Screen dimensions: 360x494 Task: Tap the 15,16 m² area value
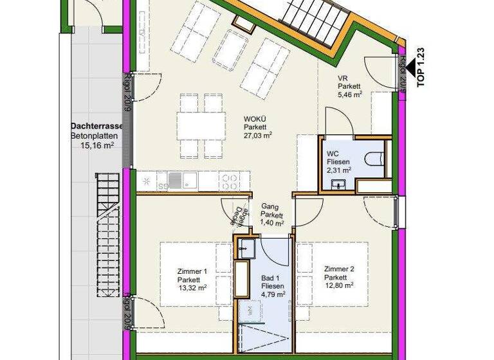coord(97,146)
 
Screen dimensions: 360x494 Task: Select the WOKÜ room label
coord(256,118)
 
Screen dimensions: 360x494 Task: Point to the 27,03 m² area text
coord(257,135)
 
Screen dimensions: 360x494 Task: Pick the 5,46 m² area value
coord(350,94)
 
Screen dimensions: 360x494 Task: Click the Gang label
coord(269,206)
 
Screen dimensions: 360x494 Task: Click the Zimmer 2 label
coord(340,269)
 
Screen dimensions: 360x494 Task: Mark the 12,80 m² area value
coord(340,286)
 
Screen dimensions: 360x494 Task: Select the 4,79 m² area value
coord(273,295)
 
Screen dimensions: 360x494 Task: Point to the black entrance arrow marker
coord(393,64)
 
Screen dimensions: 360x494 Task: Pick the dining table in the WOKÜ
coord(201,127)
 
